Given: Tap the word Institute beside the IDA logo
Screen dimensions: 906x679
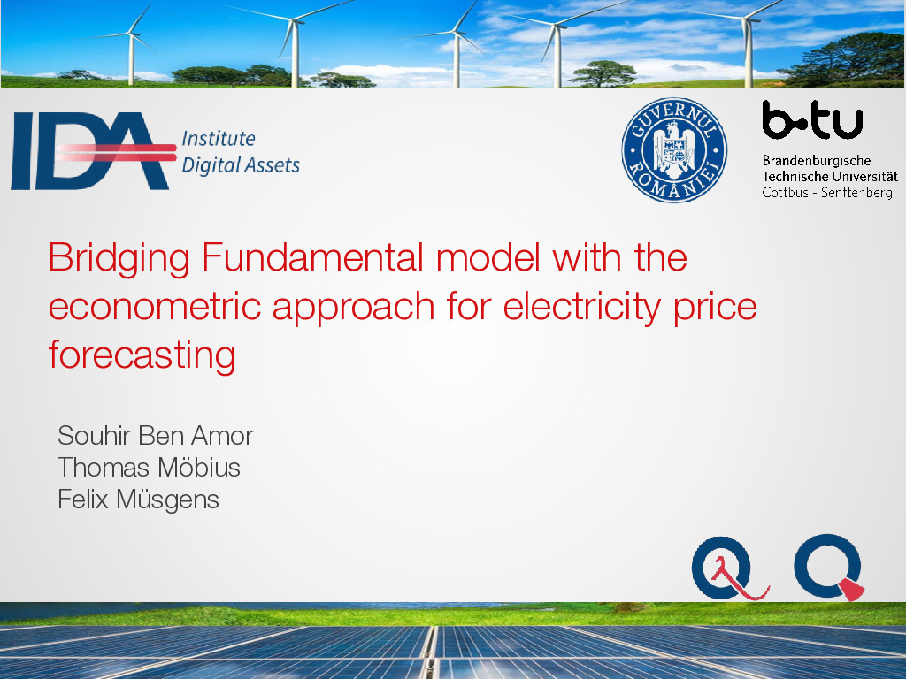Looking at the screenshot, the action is click(219, 139).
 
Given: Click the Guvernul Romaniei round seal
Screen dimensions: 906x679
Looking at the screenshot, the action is click(674, 150).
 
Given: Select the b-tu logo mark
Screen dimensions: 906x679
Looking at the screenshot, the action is click(812, 119).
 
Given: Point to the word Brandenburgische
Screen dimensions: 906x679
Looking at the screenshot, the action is click(817, 161).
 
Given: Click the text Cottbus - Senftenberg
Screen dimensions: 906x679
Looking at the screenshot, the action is click(827, 192).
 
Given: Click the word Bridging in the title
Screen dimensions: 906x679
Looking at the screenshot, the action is click(119, 258).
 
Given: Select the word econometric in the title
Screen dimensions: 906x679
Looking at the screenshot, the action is click(155, 306).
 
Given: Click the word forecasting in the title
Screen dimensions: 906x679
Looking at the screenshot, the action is click(142, 355).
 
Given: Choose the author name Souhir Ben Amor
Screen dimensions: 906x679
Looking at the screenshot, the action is click(156, 435).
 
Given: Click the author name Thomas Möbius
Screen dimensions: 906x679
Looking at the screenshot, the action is click(149, 467).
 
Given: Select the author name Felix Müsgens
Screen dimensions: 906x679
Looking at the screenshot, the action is click(138, 500).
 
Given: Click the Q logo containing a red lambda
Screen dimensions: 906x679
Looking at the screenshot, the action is click(729, 568).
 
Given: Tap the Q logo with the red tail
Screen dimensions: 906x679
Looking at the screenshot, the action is click(828, 567).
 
